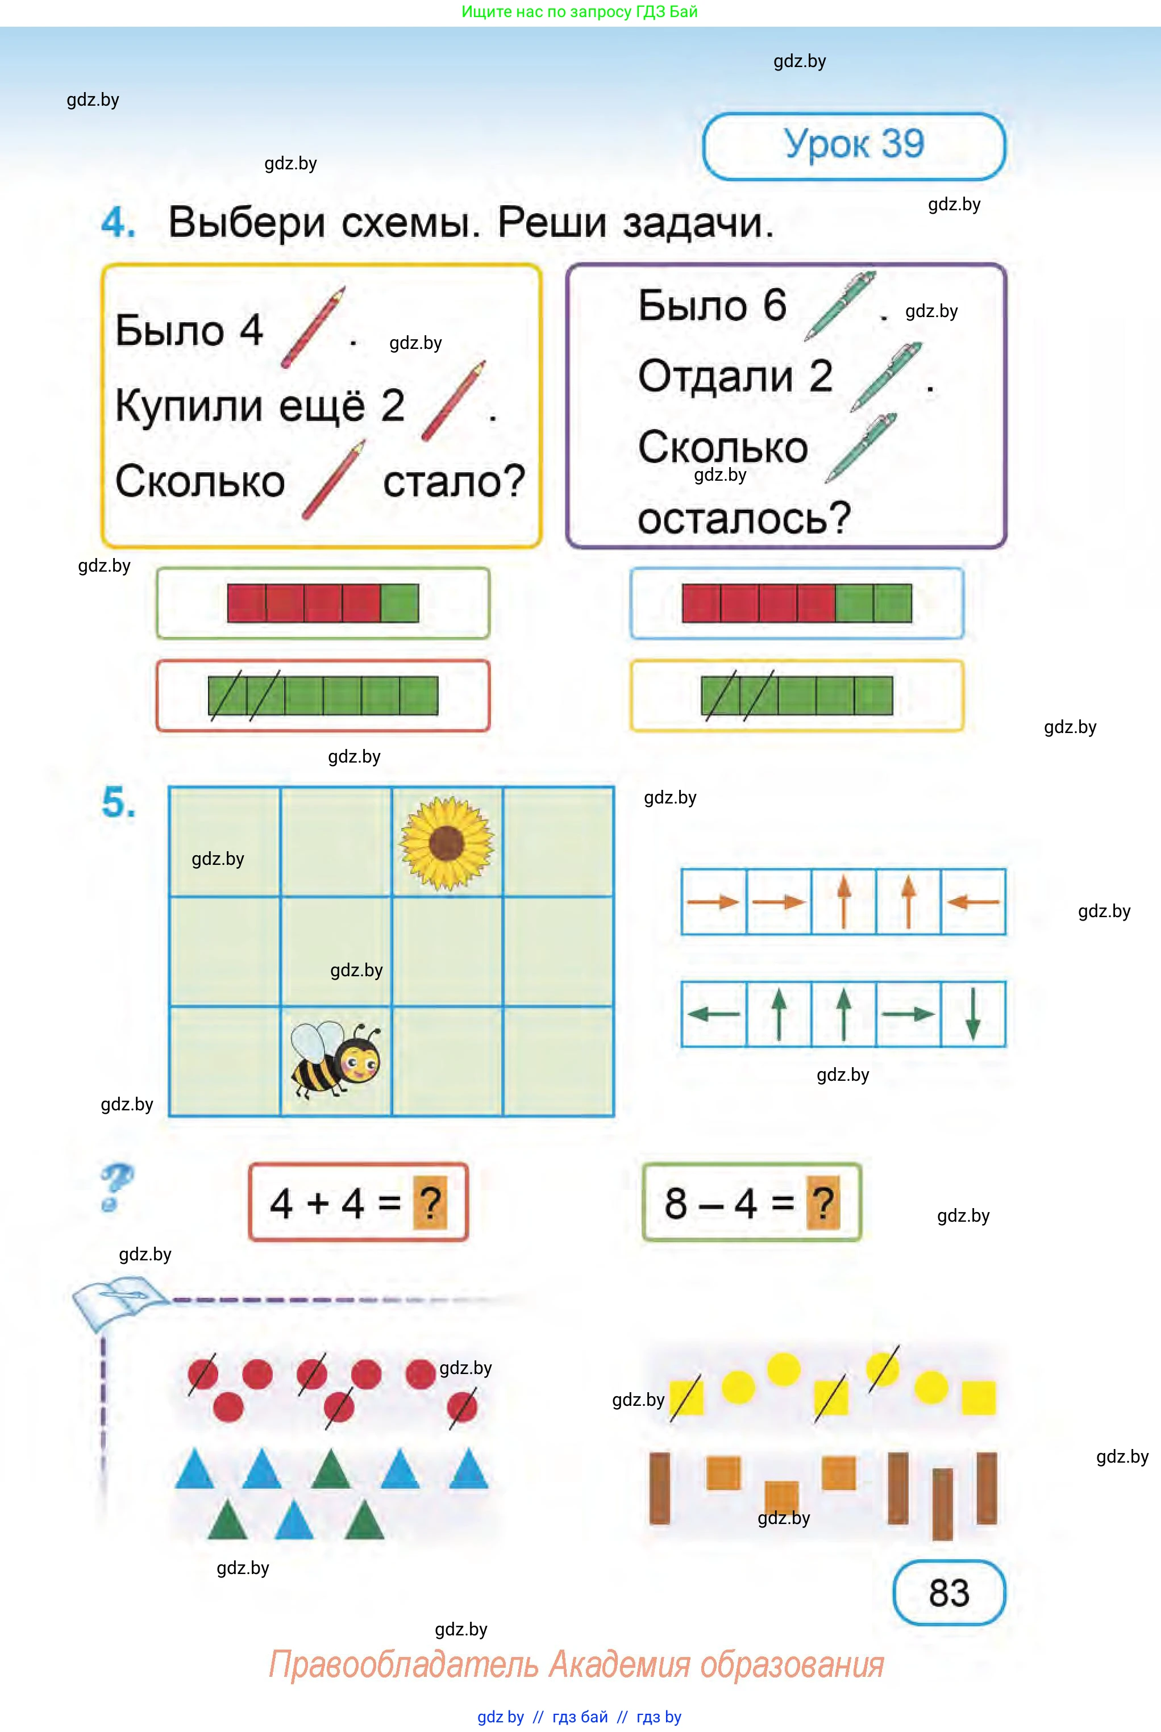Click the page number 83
coord(948,1592)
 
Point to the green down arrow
coord(973,1014)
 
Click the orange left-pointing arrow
coord(973,902)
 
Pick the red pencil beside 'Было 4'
coord(313,327)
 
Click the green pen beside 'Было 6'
coord(840,306)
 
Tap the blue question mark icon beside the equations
coord(116,1186)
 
